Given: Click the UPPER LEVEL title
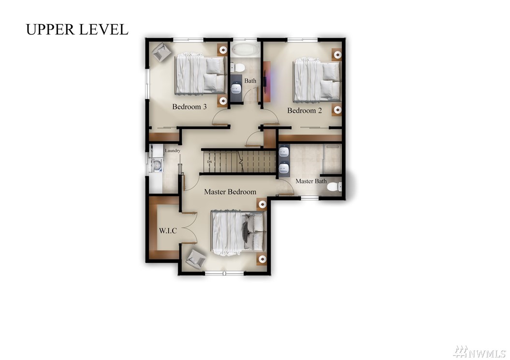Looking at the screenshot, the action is (77, 29).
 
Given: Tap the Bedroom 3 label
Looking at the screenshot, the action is (189, 107).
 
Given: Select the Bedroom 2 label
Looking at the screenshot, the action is (305, 111).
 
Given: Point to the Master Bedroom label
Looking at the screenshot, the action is (230, 192).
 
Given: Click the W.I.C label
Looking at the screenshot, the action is (168, 231).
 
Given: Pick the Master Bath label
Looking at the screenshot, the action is (311, 181).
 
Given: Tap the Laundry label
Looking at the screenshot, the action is (173, 151).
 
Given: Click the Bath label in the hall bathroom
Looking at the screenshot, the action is (250, 81).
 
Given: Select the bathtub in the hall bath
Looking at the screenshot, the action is (245, 50).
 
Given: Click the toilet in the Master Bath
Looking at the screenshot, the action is (334, 187).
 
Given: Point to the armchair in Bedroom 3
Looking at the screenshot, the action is (161, 51).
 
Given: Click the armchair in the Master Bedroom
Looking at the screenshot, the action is (196, 259).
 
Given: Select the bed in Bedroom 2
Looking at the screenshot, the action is (317, 80).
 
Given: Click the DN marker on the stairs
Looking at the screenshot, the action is (209, 161).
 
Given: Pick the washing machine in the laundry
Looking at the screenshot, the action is (157, 165).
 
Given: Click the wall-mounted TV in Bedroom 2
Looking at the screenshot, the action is (266, 82).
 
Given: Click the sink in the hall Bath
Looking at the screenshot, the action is (236, 88).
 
